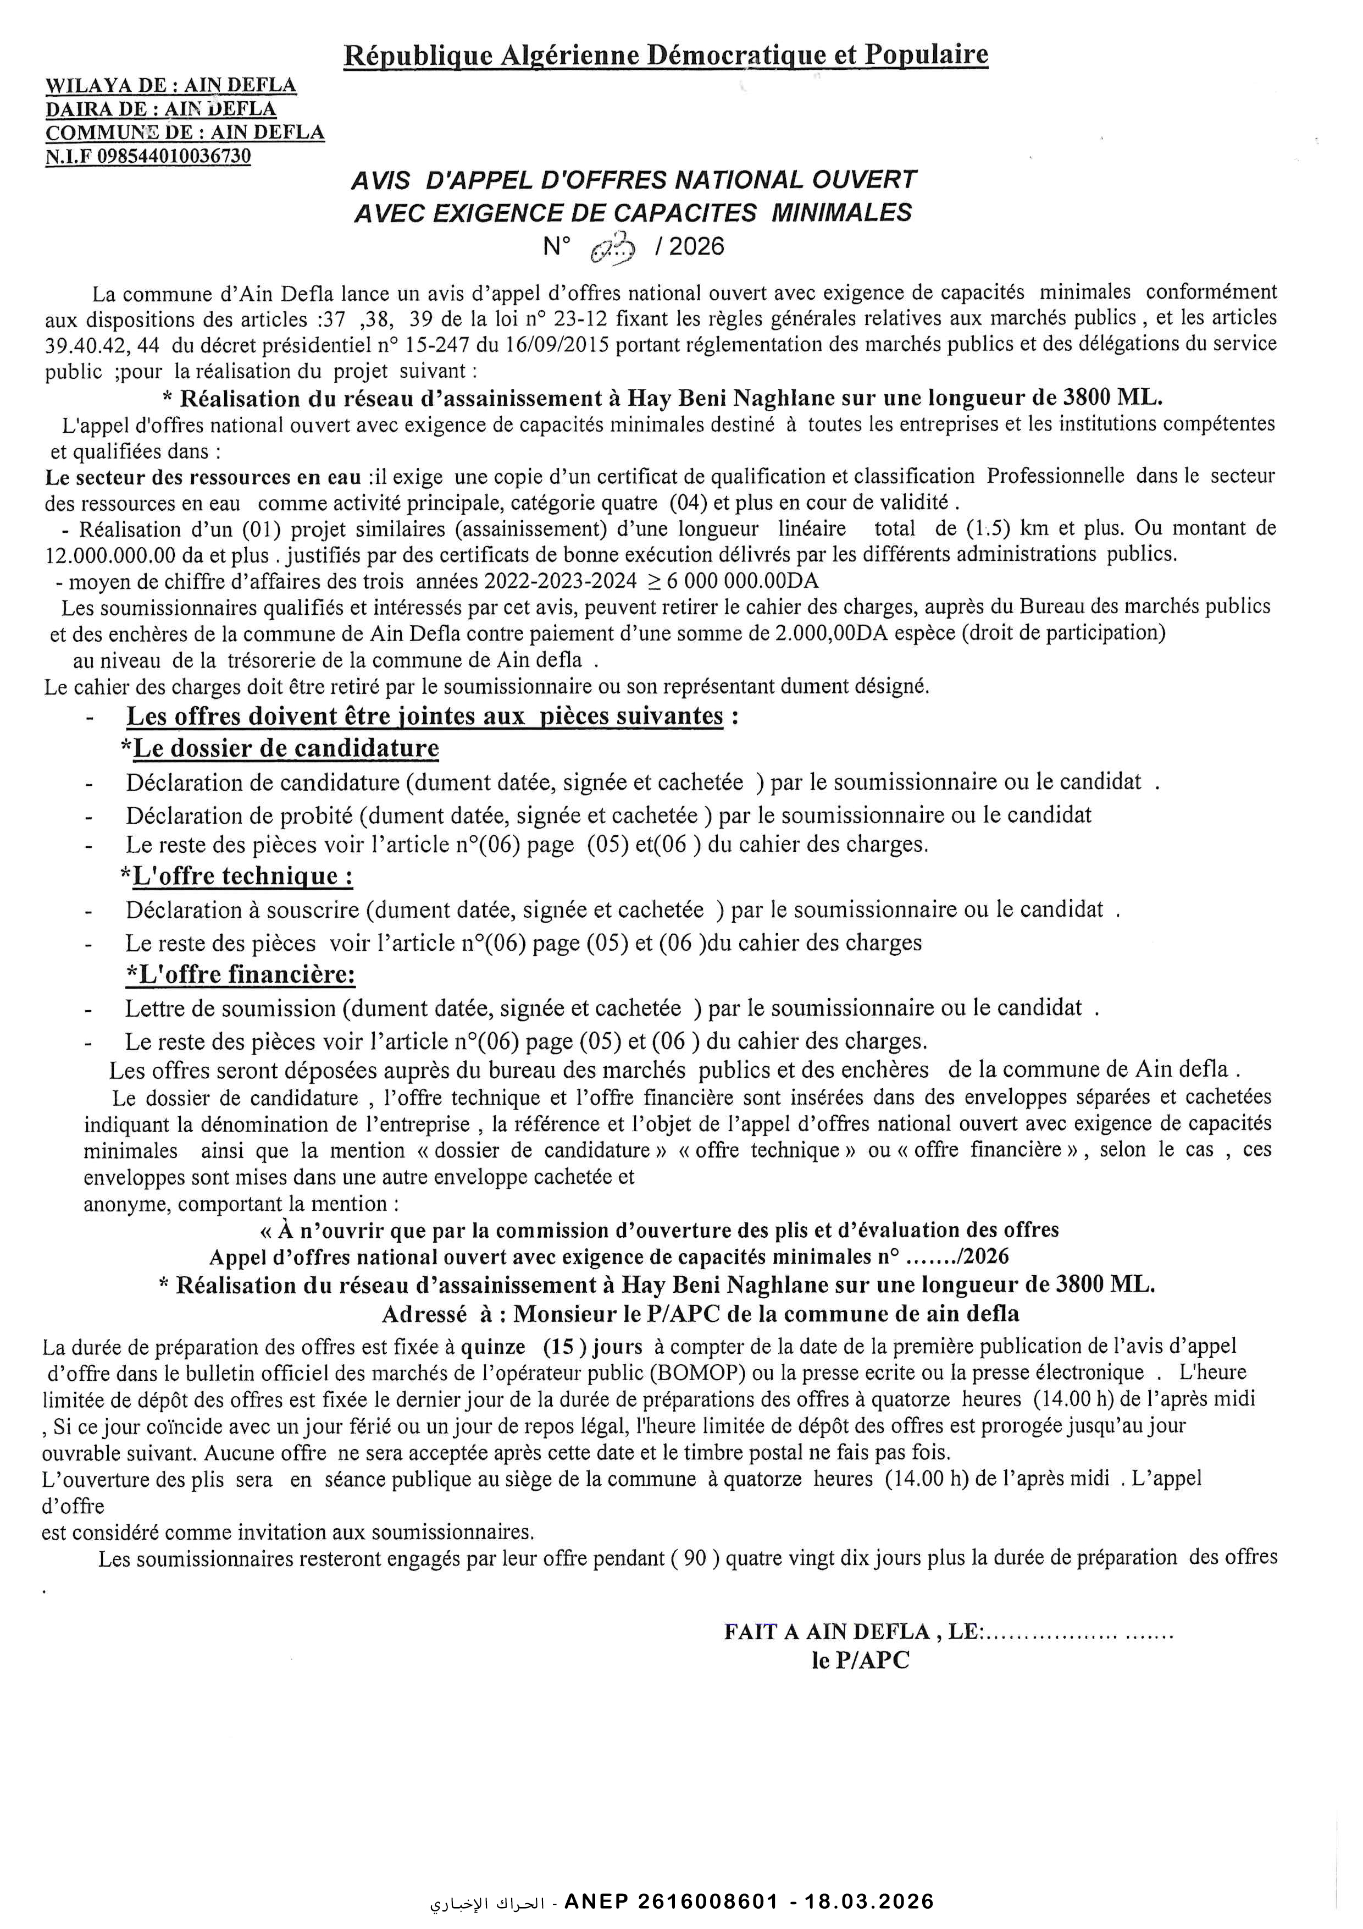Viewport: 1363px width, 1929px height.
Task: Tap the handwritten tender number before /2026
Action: tap(614, 248)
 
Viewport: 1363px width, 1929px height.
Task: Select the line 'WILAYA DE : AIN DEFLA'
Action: tap(170, 86)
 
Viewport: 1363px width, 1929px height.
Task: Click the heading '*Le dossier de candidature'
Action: tap(280, 748)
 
